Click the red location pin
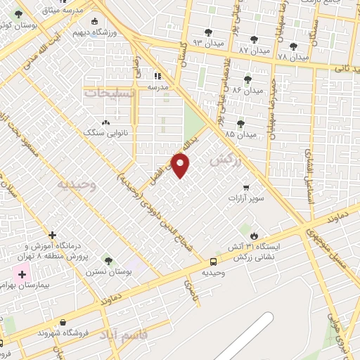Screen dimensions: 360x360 pos(180,165)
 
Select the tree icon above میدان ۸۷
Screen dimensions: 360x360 pos(254,40)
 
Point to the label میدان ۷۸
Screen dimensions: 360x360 pos(293,56)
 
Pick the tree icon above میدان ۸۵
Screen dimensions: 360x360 pos(240,123)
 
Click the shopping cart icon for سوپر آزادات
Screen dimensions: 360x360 pos(245,187)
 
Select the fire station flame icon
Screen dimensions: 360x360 pos(254,236)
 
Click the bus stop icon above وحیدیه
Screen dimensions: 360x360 pos(213,262)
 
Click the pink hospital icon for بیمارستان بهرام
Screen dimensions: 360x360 pos(21,273)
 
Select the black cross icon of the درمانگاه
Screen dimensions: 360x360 pos(51,235)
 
